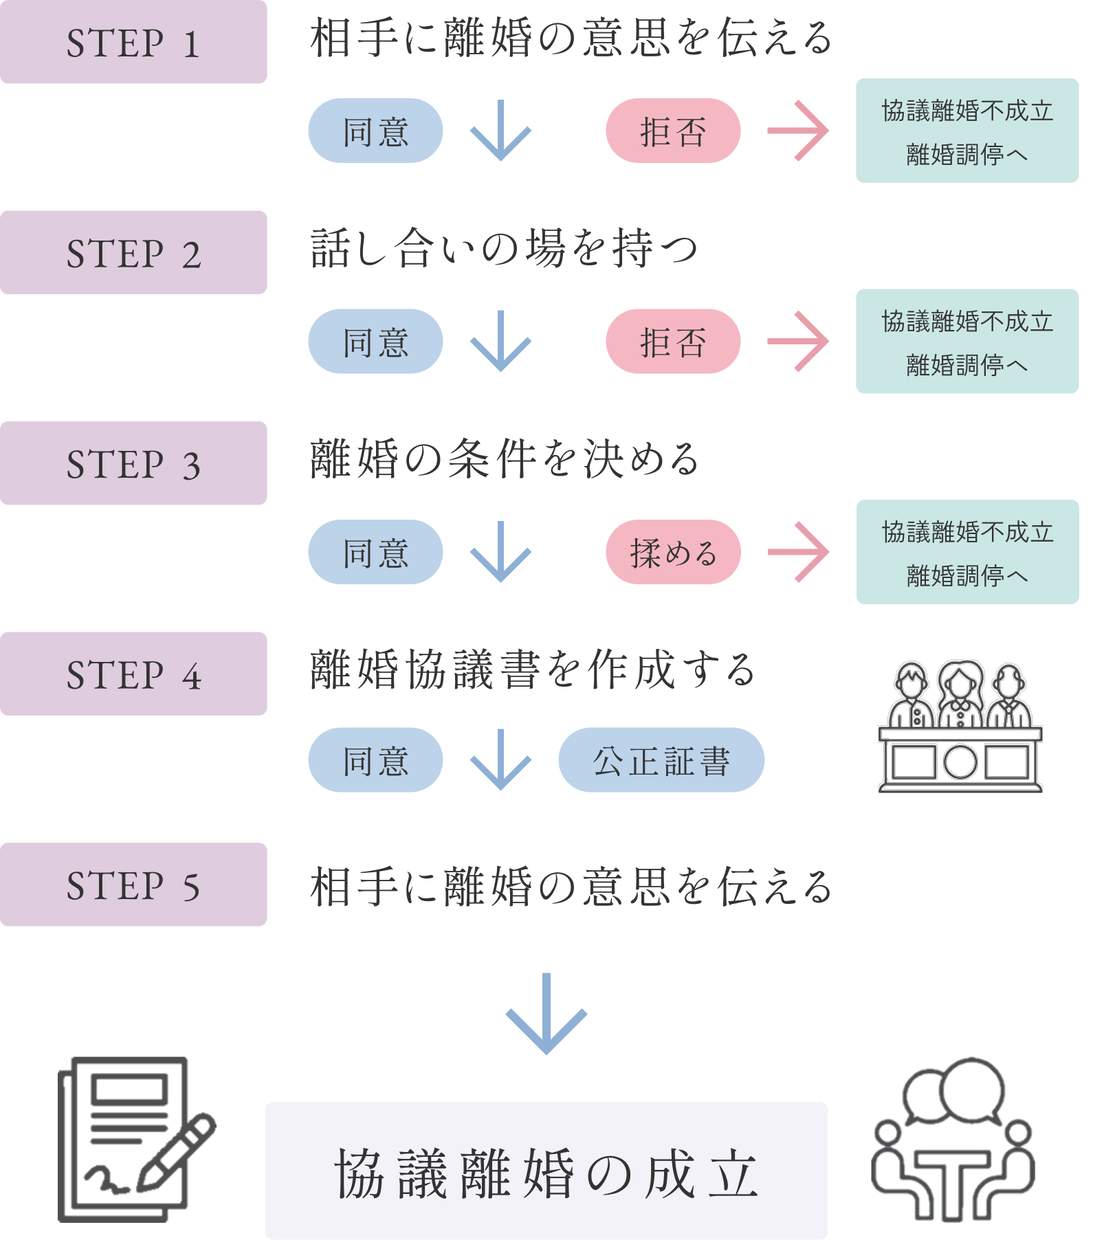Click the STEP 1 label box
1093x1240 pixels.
tap(133, 43)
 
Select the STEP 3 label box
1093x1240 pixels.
tap(133, 463)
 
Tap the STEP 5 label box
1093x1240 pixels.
tap(133, 885)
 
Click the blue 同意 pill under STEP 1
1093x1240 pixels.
tap(375, 131)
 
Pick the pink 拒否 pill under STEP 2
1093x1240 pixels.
tap(673, 342)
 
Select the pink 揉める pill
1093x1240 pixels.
tap(673, 552)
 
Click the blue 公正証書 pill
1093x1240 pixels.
tap(661, 760)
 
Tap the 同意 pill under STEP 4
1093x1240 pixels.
tap(375, 760)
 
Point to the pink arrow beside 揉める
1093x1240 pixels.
tap(798, 552)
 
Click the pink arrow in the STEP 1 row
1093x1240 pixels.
tap(798, 131)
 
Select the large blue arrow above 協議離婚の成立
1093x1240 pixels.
tap(546, 1014)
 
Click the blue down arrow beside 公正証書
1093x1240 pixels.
tap(500, 760)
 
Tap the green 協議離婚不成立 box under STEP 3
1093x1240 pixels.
tap(967, 552)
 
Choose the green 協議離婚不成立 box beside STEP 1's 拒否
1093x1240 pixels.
tap(967, 131)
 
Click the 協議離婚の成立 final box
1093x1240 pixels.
tap(546, 1171)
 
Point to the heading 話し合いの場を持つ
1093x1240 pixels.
tap(504, 249)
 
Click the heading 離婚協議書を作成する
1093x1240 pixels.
tap(533, 670)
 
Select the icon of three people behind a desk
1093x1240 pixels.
tap(960, 727)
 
